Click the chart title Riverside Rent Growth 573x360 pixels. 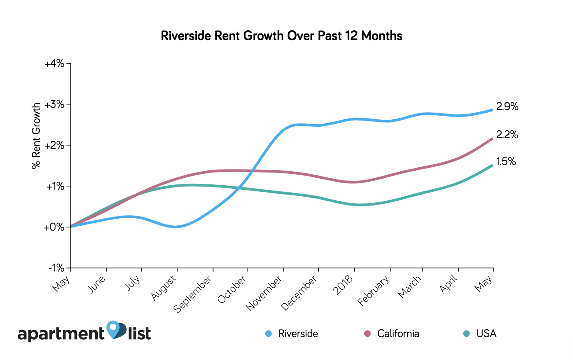tap(282, 36)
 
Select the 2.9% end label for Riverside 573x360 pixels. tap(507, 107)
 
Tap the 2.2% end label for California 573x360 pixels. tap(507, 135)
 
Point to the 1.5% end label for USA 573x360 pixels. tap(506, 162)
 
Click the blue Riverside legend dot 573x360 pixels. tap(268, 334)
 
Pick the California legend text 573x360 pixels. tap(398, 334)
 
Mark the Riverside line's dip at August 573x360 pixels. tap(176, 227)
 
